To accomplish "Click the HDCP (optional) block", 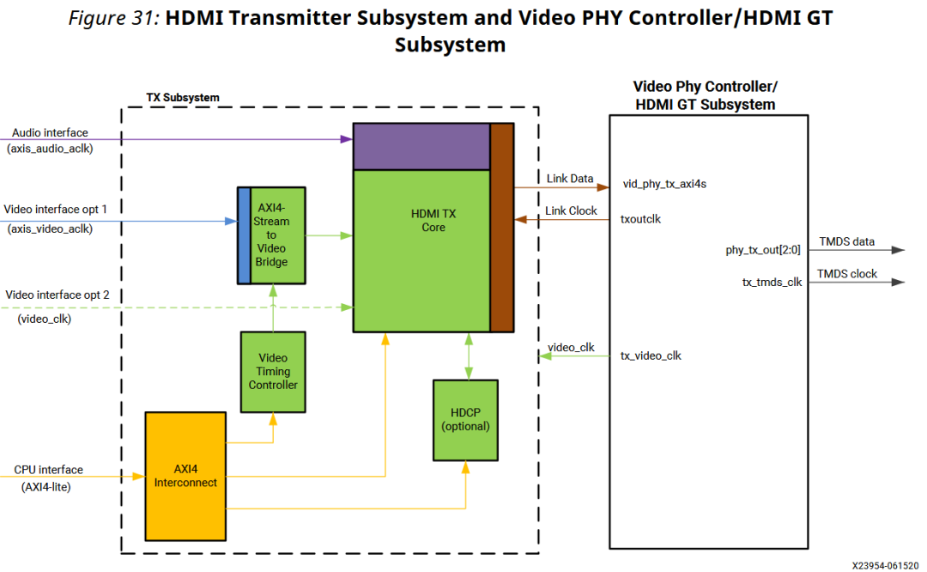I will point(465,419).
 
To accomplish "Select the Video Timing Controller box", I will point(273,371).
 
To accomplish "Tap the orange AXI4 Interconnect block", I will point(185,476).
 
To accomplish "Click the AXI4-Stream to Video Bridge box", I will point(272,234).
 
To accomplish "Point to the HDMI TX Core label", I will point(433,221).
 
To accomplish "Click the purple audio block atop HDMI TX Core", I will point(421,146).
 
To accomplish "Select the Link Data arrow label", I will point(570,179).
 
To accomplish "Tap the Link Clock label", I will point(571,211).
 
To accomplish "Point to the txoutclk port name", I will point(640,219).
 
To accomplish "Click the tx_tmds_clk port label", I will point(772,282).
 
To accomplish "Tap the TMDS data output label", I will point(846,242).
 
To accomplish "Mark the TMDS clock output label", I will point(847,274).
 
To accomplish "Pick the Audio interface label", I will point(50,133).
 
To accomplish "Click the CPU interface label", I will point(48,470).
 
